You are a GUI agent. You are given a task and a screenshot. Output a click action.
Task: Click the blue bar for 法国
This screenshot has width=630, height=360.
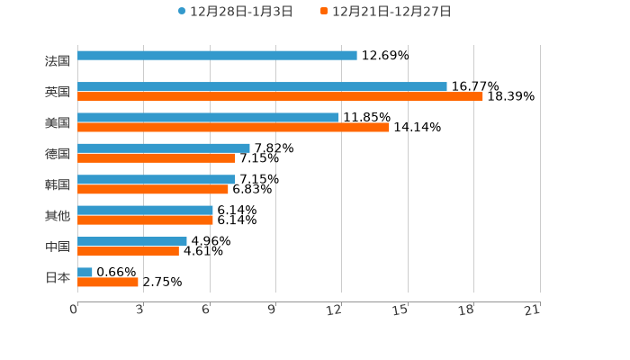click(217, 56)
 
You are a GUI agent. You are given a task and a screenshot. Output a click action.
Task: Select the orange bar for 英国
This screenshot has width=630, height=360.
click(280, 97)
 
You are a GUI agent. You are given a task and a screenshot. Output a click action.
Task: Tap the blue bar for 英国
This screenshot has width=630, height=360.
click(262, 87)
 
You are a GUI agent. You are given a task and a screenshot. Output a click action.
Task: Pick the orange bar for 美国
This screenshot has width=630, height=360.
click(233, 128)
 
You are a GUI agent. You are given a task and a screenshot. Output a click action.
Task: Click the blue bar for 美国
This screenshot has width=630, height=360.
click(208, 118)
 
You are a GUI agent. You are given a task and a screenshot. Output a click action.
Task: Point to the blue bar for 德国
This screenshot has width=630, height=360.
click(164, 148)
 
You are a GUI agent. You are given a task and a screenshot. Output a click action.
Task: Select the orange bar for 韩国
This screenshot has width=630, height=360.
click(153, 190)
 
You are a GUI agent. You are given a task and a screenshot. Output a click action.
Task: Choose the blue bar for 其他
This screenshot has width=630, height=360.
click(145, 211)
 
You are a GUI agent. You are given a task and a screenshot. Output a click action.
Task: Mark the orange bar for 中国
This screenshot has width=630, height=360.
click(128, 252)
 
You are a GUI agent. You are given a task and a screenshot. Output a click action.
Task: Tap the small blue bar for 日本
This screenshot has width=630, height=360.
click(85, 273)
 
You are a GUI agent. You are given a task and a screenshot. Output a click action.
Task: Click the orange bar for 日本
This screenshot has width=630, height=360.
click(108, 283)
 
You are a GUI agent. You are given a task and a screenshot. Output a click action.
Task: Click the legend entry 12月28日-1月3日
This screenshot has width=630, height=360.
click(236, 12)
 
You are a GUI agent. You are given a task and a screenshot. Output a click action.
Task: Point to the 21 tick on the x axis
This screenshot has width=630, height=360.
click(533, 310)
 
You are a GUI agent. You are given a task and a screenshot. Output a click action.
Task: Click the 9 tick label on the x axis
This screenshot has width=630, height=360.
click(272, 310)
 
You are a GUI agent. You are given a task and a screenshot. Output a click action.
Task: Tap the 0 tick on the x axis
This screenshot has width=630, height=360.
click(75, 310)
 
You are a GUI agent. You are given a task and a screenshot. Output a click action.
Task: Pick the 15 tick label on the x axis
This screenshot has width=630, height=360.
click(400, 310)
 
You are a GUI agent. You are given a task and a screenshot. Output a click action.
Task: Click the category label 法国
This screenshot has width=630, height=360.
click(57, 61)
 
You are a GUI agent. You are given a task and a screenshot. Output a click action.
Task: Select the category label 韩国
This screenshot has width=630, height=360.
click(57, 184)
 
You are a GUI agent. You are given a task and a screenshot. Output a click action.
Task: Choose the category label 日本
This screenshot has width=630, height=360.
click(57, 278)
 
